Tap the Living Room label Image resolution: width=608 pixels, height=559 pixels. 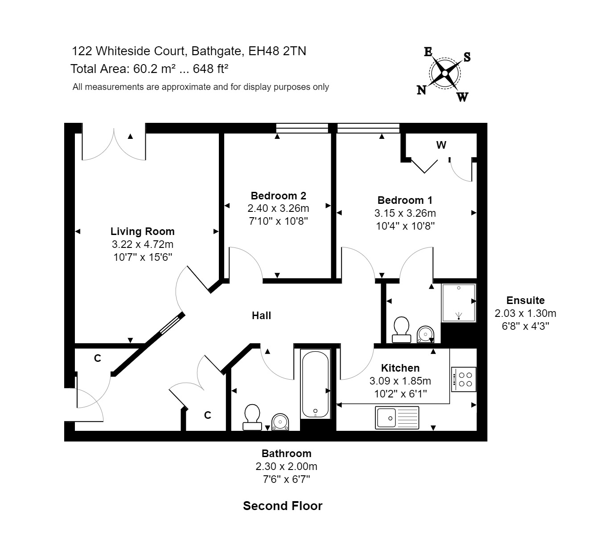pos(142,231)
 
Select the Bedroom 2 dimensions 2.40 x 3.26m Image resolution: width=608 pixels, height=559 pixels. pos(278,208)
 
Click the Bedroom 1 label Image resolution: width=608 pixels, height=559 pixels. pos(405,200)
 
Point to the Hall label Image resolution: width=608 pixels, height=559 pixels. pos(261,316)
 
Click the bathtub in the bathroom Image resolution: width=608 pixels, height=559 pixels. pos(316,384)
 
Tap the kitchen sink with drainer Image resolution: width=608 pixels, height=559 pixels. pos(397,418)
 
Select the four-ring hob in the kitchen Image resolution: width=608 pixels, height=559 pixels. pos(464,379)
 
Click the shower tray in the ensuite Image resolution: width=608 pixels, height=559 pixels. pos(459,303)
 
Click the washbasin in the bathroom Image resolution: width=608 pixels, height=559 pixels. pos(280,421)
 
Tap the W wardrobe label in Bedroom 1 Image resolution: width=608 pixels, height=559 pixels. pos(441,145)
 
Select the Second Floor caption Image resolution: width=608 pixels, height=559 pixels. pos(283,506)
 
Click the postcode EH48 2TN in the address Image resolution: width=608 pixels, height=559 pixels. pos(277,51)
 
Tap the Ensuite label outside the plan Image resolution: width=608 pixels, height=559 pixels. pos(525,300)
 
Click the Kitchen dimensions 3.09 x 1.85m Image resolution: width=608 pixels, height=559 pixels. pos(400,381)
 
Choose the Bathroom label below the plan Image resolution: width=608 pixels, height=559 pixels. pos(286,454)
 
